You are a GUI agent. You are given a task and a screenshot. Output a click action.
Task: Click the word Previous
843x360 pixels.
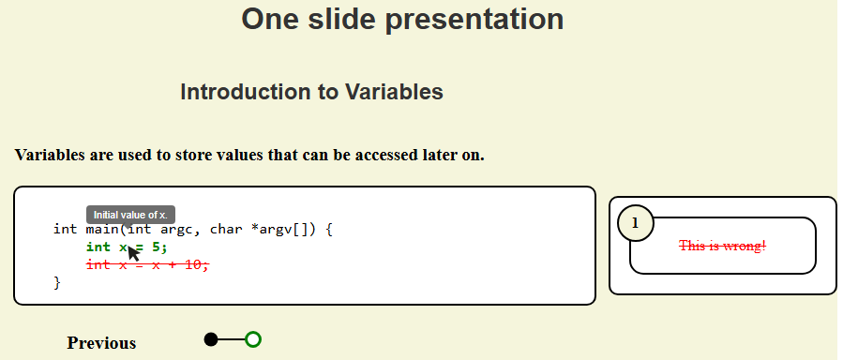tap(101, 343)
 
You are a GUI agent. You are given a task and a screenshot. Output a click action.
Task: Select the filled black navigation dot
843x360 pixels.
tap(211, 339)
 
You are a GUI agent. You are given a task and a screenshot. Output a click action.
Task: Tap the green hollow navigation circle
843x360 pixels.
tap(253, 339)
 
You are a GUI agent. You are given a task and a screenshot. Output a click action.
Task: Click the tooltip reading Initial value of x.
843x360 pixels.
tap(130, 215)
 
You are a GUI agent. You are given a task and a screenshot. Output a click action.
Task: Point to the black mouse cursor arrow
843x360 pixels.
tap(133, 251)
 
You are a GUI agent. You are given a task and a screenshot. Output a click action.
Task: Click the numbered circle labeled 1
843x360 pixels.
tap(636, 222)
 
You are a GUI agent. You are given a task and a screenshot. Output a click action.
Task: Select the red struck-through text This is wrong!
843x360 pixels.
tap(723, 246)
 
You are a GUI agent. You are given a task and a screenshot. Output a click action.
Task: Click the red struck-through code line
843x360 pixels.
tap(148, 264)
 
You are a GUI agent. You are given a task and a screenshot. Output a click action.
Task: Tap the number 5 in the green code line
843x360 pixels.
tap(156, 247)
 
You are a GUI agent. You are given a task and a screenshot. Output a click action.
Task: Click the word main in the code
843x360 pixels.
tap(102, 230)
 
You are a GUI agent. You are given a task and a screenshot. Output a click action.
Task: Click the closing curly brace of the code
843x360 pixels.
tap(57, 282)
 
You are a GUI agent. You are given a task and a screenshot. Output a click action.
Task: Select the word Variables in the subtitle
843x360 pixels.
tap(394, 92)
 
